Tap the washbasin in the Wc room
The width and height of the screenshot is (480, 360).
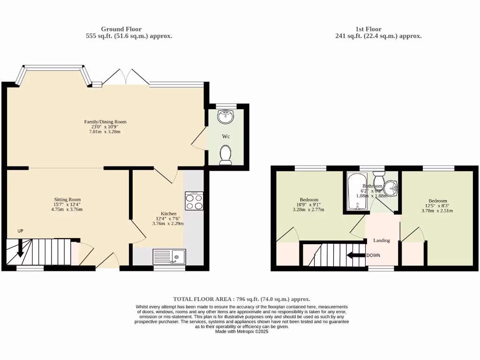coord(225,116)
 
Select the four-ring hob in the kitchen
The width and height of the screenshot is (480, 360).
coord(194,201)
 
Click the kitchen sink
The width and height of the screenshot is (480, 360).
coord(169,257)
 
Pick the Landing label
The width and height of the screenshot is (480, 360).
coord(381,240)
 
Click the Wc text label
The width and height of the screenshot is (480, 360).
coord(225,136)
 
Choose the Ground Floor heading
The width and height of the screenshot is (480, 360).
coord(121,29)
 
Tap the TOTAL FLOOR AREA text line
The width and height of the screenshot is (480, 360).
coord(241,299)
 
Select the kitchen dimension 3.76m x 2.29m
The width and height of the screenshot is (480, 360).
coord(168,224)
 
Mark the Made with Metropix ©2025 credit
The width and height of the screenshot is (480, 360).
coord(241,331)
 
